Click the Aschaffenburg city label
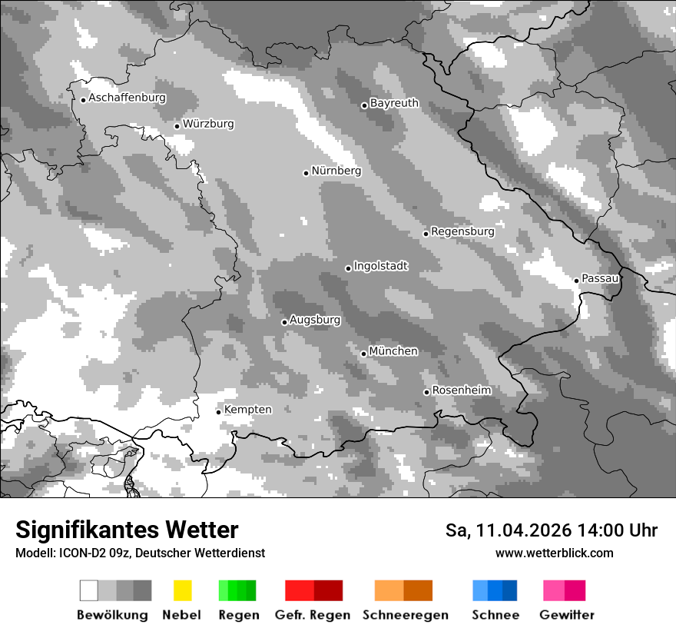point(127,98)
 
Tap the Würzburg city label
point(208,124)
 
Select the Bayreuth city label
point(394,103)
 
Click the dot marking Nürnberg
point(306,173)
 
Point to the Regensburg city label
point(462,231)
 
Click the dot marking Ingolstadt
point(348,268)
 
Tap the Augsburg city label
point(315,320)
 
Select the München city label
point(393,351)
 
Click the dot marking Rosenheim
point(426,392)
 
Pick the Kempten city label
point(247,410)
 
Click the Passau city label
point(600,278)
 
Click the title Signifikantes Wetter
point(127,530)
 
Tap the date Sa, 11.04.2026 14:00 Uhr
point(552,530)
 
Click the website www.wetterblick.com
point(554,553)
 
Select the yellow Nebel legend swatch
point(182,590)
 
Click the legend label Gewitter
point(567,615)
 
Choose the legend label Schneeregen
point(406,615)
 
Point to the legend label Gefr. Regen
point(313,615)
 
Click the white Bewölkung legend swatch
point(89,590)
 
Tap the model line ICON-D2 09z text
point(140,553)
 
